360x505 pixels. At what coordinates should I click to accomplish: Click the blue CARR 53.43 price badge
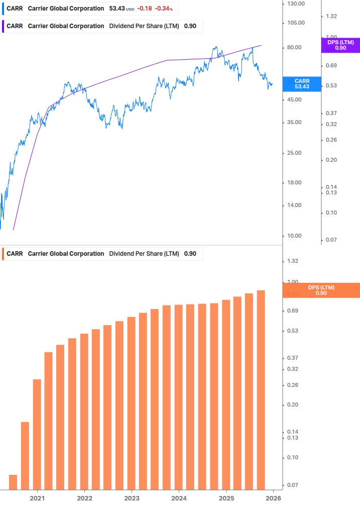[302, 84]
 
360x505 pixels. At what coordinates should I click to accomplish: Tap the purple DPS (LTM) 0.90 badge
[340, 45]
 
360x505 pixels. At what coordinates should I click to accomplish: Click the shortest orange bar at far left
[13, 482]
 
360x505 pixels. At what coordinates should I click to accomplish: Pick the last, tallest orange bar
[261, 389]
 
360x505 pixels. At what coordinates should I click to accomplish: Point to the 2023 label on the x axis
[132, 497]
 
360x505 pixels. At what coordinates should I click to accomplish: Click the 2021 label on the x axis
[37, 497]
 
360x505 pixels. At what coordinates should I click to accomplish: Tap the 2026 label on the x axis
[273, 497]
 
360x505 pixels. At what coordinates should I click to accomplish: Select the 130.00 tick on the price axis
[295, 4]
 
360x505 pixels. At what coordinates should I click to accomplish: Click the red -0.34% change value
[164, 9]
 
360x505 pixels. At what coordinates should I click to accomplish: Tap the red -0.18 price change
[146, 9]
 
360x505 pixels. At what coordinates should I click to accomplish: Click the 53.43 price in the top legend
[117, 9]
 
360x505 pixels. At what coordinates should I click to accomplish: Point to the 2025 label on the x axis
[226, 497]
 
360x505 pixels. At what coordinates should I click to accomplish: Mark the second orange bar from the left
[25, 455]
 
